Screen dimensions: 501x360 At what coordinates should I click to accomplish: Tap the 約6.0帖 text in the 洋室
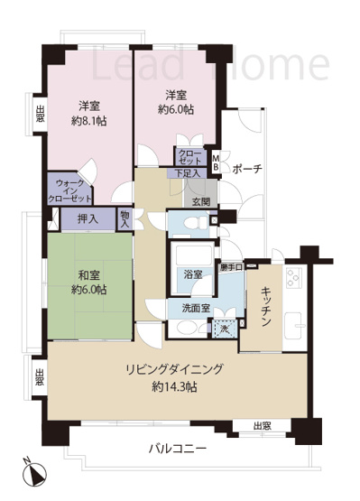pyautogui.click(x=176, y=109)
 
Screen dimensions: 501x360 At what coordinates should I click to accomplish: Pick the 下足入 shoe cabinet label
pyautogui.click(x=189, y=173)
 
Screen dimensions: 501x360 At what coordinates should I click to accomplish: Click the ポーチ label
pyautogui.click(x=247, y=168)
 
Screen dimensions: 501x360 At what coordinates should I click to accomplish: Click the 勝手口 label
pyautogui.click(x=231, y=267)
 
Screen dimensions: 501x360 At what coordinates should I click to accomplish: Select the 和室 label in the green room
pyautogui.click(x=89, y=275)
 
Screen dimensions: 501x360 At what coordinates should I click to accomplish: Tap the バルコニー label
pyautogui.click(x=179, y=449)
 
